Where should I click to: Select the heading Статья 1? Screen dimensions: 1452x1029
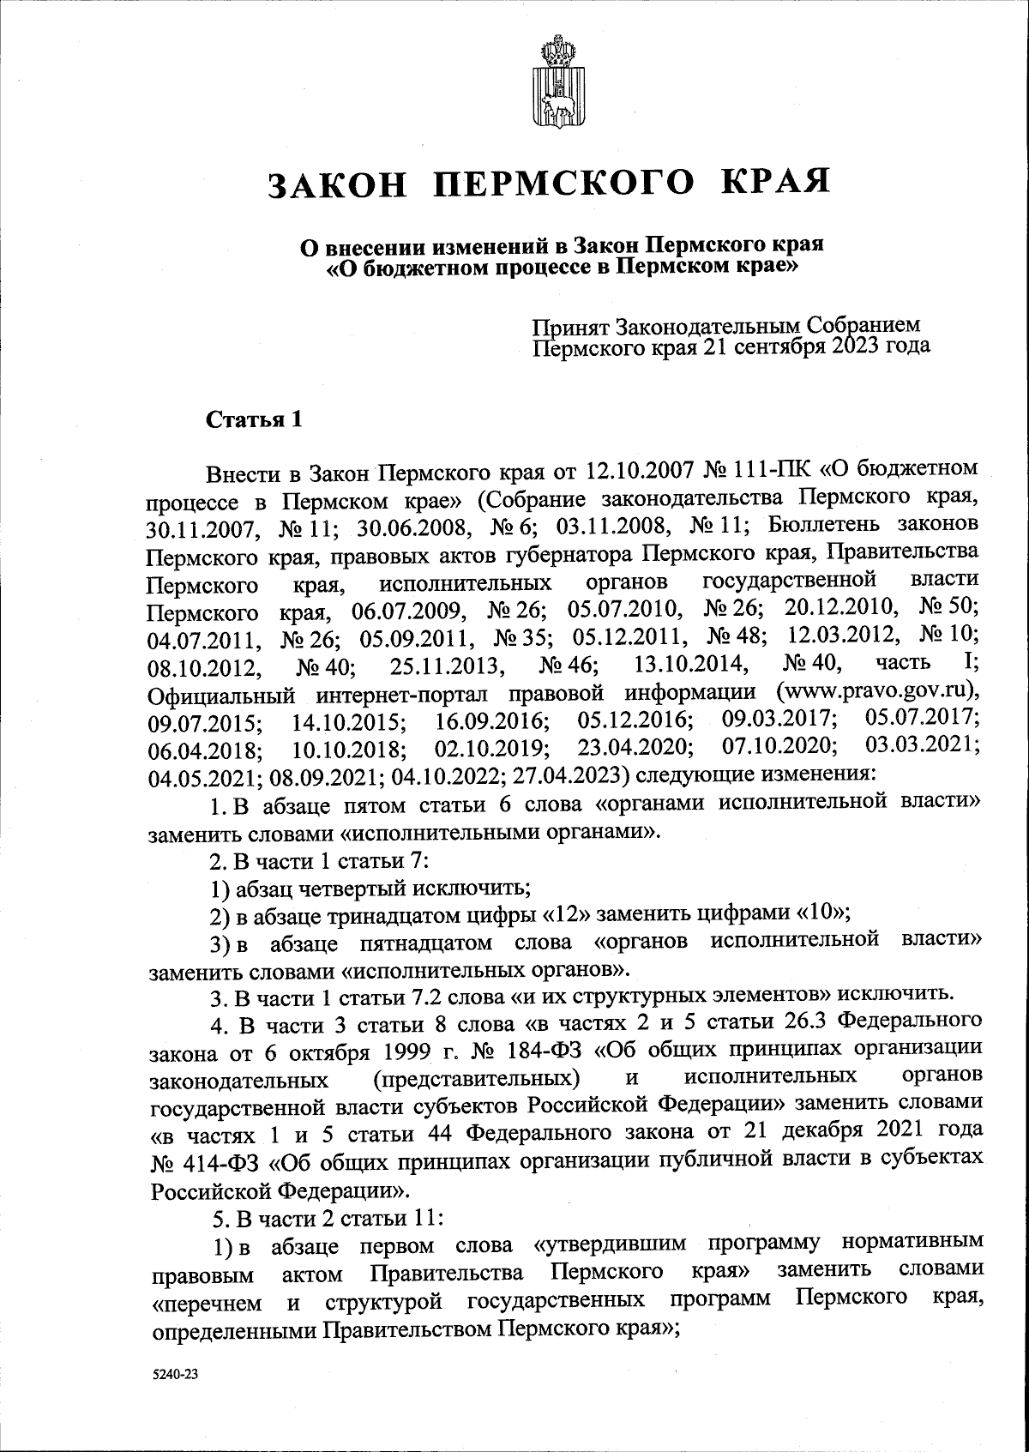point(255,420)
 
